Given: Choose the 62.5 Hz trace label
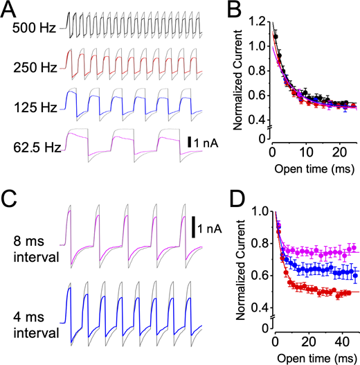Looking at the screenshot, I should click(x=33, y=147).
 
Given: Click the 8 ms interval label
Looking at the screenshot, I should click(x=34, y=249).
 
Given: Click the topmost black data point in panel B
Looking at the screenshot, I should click(x=275, y=36).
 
